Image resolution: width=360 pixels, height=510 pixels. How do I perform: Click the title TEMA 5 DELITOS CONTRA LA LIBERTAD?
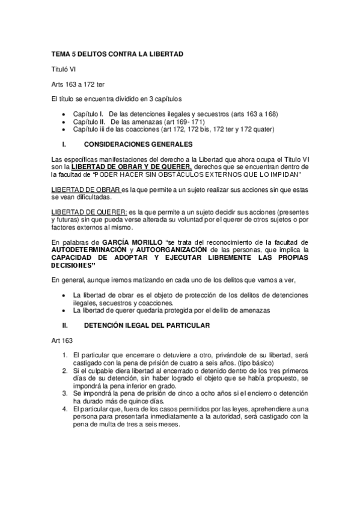point(117,54)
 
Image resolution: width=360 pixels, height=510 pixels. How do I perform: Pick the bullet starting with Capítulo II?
point(143,121)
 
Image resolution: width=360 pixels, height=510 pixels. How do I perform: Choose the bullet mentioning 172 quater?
point(173,129)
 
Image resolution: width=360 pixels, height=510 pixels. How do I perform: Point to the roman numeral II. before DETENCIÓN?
point(66,325)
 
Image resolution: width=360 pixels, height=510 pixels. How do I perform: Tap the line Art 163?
point(61,340)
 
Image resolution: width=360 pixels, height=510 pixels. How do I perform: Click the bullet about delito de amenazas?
point(171,310)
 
